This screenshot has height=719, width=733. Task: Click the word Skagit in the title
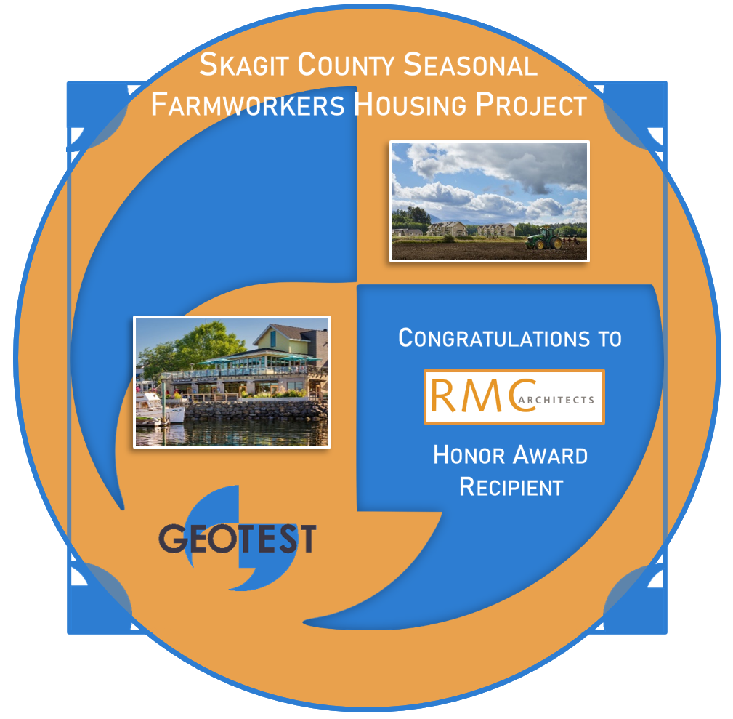tap(243, 65)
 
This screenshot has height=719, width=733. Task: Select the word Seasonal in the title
tap(470, 65)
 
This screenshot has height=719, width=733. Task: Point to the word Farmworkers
tap(248, 105)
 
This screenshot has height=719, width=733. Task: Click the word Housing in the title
tap(410, 105)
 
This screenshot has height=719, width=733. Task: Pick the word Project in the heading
tap(531, 105)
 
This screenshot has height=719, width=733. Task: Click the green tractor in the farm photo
tap(546, 238)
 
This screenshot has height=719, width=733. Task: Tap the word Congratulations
tap(494, 338)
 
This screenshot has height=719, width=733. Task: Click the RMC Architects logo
tap(514, 397)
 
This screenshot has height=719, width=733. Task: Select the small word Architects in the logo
tap(556, 400)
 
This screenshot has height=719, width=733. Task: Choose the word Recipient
tap(511, 487)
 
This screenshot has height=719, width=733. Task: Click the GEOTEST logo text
tap(238, 539)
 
